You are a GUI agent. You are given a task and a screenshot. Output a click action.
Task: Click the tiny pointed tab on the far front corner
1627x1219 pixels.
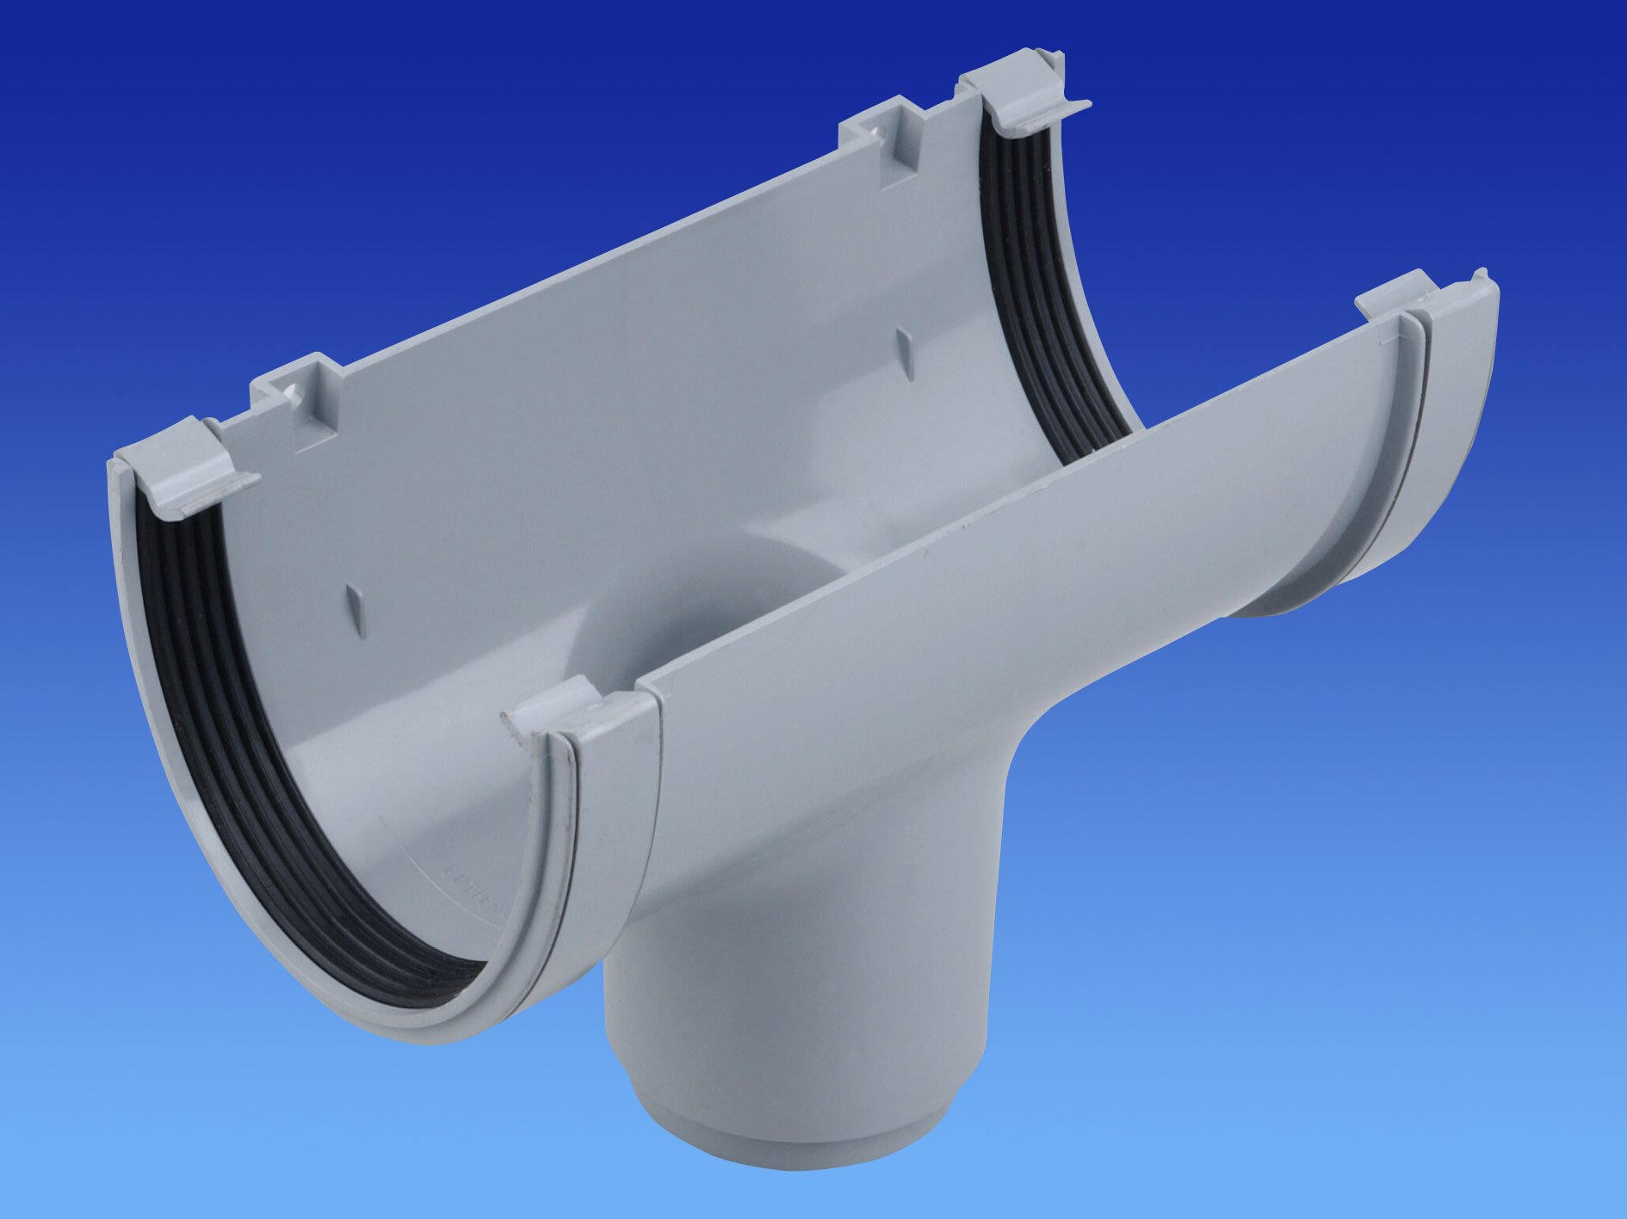pyautogui.click(x=1480, y=275)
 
